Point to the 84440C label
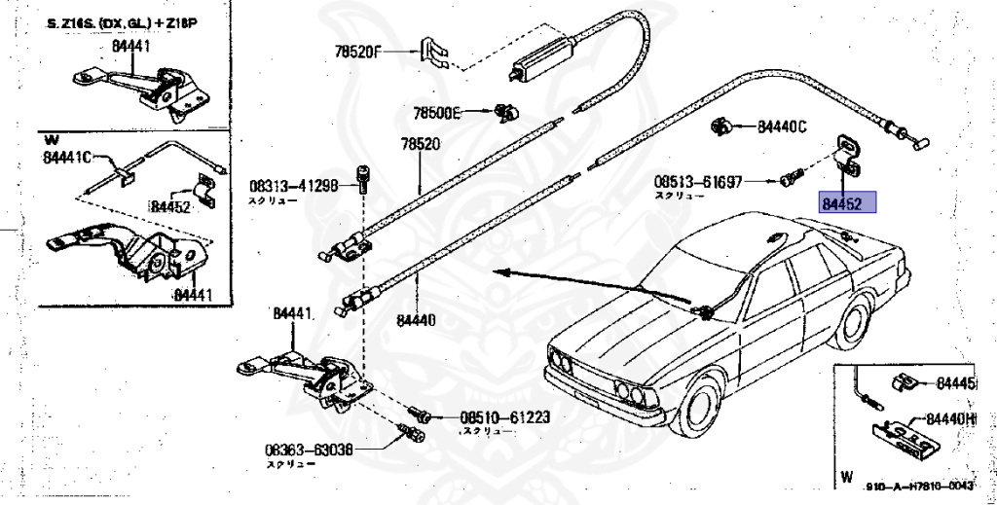click(782, 126)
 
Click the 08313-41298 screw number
click(293, 185)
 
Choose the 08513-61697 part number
click(698, 181)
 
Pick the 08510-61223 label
click(505, 417)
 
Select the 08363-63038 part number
click(309, 451)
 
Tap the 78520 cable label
click(421, 144)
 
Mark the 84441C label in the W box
click(66, 157)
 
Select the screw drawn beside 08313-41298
click(364, 177)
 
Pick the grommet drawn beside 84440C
click(722, 125)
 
